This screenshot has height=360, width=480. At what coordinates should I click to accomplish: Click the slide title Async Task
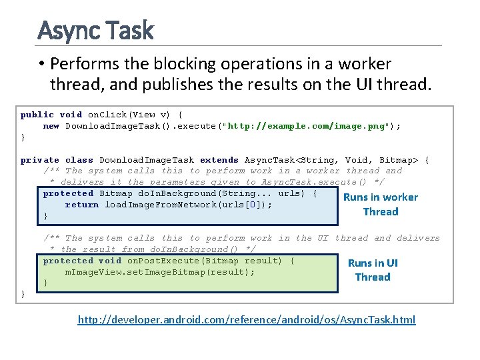[95, 31]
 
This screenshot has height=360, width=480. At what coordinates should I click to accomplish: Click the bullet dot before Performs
[41, 65]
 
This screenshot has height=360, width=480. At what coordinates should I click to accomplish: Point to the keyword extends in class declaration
[219, 160]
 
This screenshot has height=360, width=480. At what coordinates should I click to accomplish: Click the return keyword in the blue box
[82, 205]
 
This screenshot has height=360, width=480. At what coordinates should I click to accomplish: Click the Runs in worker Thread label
[380, 204]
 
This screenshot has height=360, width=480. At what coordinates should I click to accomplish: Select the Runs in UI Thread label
[373, 270]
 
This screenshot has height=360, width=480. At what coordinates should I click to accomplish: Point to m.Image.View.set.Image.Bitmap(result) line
[159, 272]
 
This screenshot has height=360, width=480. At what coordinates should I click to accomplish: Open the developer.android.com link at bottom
[246, 320]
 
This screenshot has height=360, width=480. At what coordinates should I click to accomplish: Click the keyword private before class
[40, 160]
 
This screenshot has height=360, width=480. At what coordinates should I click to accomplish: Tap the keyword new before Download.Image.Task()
[51, 126]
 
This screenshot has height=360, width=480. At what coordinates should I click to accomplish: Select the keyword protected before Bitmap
[68, 193]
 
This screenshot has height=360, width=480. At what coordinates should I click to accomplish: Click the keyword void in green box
[110, 261]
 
